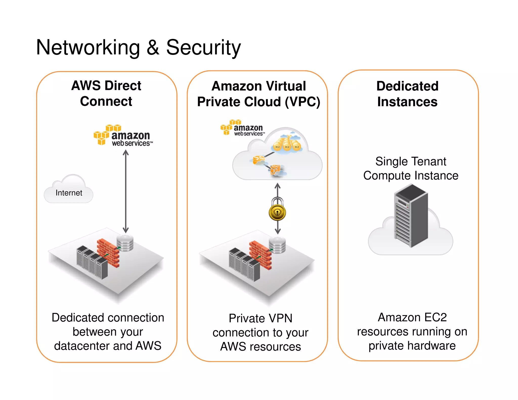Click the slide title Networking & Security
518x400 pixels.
(138, 48)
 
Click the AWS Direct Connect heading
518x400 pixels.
(106, 93)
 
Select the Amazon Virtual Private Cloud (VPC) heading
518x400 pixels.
(258, 94)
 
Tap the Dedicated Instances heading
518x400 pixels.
(407, 94)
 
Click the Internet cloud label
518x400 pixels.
(69, 193)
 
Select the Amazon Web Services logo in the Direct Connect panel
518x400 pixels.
(123, 136)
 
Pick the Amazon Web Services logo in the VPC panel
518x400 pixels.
(242, 128)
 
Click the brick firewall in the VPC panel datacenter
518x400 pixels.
(261, 255)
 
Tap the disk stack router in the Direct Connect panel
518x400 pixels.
(125, 243)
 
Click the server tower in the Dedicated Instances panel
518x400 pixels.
(411, 215)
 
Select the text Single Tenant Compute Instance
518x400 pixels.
(411, 168)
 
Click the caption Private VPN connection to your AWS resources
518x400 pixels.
(261, 332)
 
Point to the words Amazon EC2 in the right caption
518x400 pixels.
(412, 317)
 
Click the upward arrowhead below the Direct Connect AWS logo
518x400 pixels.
(126, 152)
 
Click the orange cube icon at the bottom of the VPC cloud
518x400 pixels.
(275, 170)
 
